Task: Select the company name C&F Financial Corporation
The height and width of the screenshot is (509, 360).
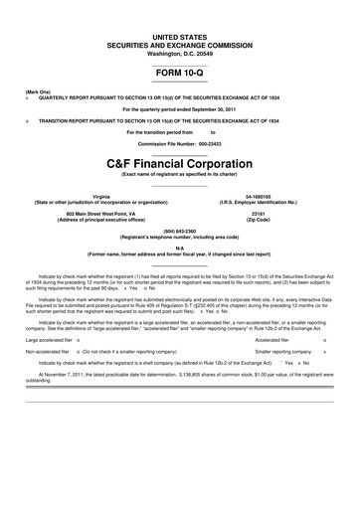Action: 180,161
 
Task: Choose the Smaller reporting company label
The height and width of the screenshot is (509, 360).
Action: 283,352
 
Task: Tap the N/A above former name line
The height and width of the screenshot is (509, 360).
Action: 180,249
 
